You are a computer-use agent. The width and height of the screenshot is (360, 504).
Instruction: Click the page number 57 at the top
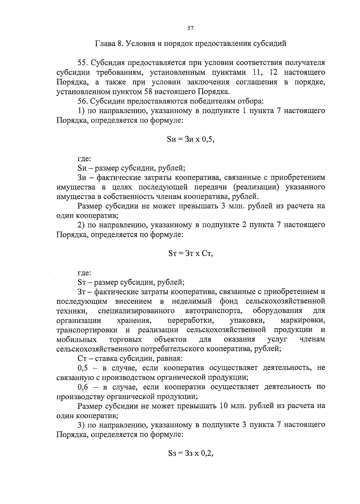190,28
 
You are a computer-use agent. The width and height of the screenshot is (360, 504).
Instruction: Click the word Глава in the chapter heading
105,43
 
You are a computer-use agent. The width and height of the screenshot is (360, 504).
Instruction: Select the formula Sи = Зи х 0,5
190,139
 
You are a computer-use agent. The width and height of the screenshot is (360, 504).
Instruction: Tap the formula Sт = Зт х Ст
190,253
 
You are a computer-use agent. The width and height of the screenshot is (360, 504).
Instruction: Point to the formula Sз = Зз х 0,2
190,454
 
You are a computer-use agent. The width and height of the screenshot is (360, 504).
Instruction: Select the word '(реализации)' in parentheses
256,187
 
